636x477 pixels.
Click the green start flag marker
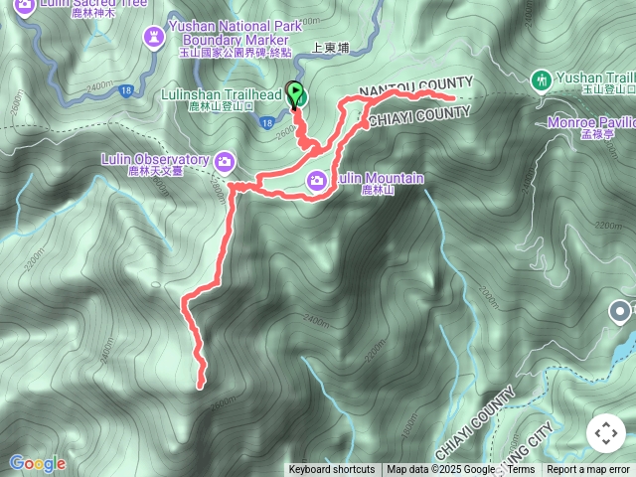click(x=296, y=95)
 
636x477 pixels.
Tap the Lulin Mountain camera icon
click(x=317, y=180)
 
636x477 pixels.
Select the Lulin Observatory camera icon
click(x=226, y=160)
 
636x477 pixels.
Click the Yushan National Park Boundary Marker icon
click(x=154, y=38)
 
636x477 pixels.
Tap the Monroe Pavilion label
click(x=591, y=122)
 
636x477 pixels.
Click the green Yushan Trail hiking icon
click(x=541, y=79)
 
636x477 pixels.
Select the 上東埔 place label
click(x=330, y=47)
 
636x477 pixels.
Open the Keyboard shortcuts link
click(x=332, y=470)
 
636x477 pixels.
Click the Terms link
click(x=521, y=470)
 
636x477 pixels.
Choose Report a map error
click(x=589, y=470)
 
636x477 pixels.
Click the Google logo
click(x=37, y=463)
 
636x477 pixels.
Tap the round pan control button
click(x=605, y=434)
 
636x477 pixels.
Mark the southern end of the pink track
click(x=201, y=385)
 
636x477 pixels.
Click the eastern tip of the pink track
click(x=452, y=98)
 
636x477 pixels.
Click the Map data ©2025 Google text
click(x=440, y=470)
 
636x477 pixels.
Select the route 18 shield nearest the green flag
click(x=267, y=122)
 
